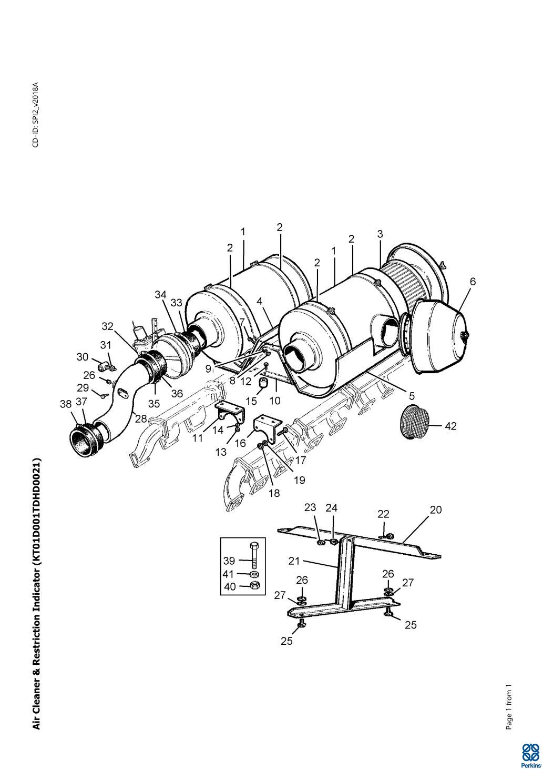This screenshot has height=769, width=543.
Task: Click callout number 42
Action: click(450, 426)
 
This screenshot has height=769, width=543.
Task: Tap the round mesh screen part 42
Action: click(415, 422)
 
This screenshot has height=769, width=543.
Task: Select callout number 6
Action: click(473, 282)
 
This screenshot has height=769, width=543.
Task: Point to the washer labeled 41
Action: click(255, 574)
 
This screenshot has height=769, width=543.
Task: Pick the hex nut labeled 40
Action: click(255, 586)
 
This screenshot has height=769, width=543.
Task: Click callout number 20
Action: click(436, 510)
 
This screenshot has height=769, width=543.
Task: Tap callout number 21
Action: click(294, 561)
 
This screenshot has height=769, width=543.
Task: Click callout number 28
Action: click(141, 418)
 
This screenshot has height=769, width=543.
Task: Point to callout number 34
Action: click(160, 295)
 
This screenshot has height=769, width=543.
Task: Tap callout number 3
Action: click(380, 234)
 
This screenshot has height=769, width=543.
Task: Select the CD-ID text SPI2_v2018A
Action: click(36, 114)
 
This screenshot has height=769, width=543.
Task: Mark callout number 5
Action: click(412, 396)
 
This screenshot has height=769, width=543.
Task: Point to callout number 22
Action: click(383, 514)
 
